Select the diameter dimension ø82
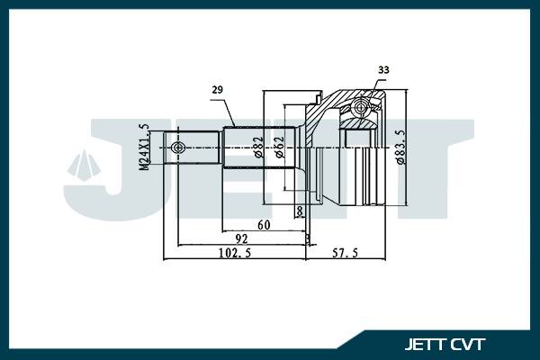(258, 147)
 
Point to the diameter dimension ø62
(281, 147)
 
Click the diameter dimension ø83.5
(399, 147)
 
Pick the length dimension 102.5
(233, 255)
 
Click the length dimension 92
(241, 239)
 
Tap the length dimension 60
(265, 224)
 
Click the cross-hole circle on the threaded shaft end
(178, 147)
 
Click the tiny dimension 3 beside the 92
(308, 239)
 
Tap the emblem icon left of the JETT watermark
(82, 166)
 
